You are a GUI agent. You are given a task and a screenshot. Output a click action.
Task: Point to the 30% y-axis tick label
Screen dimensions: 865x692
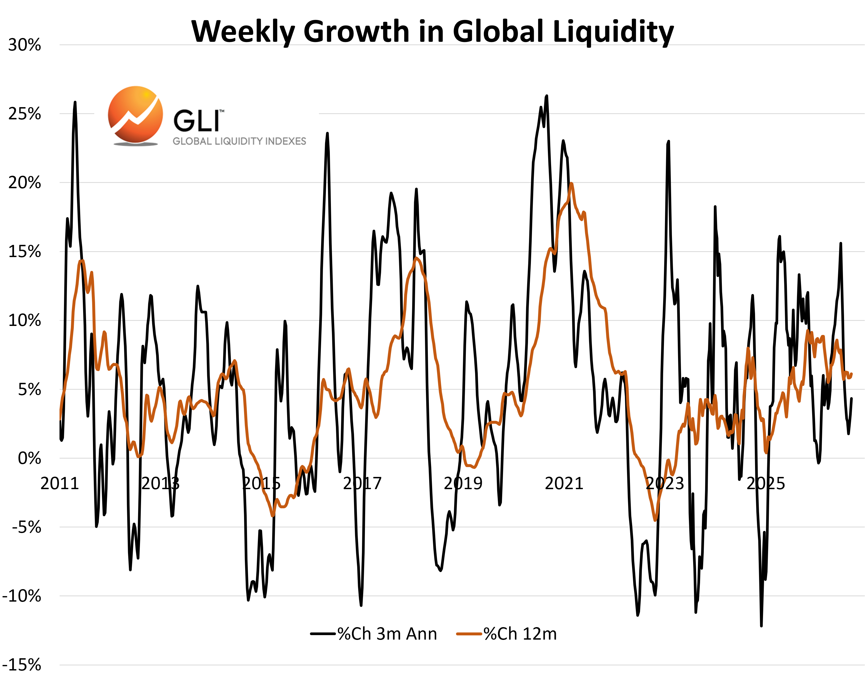(24, 45)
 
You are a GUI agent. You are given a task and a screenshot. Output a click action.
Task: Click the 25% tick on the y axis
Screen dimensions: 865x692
(24, 114)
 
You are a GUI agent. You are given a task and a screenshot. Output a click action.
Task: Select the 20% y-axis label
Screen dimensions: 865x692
(24, 183)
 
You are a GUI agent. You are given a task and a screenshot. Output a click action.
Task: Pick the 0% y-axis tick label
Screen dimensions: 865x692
(29, 458)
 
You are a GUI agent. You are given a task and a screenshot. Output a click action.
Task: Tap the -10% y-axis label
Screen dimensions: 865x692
(22, 596)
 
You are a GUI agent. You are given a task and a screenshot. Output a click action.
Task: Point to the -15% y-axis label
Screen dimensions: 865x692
(22, 665)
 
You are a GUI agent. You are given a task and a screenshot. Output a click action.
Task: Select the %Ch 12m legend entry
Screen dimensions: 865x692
(507, 634)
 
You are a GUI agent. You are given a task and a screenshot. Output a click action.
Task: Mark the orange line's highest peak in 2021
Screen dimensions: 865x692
(571, 183)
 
